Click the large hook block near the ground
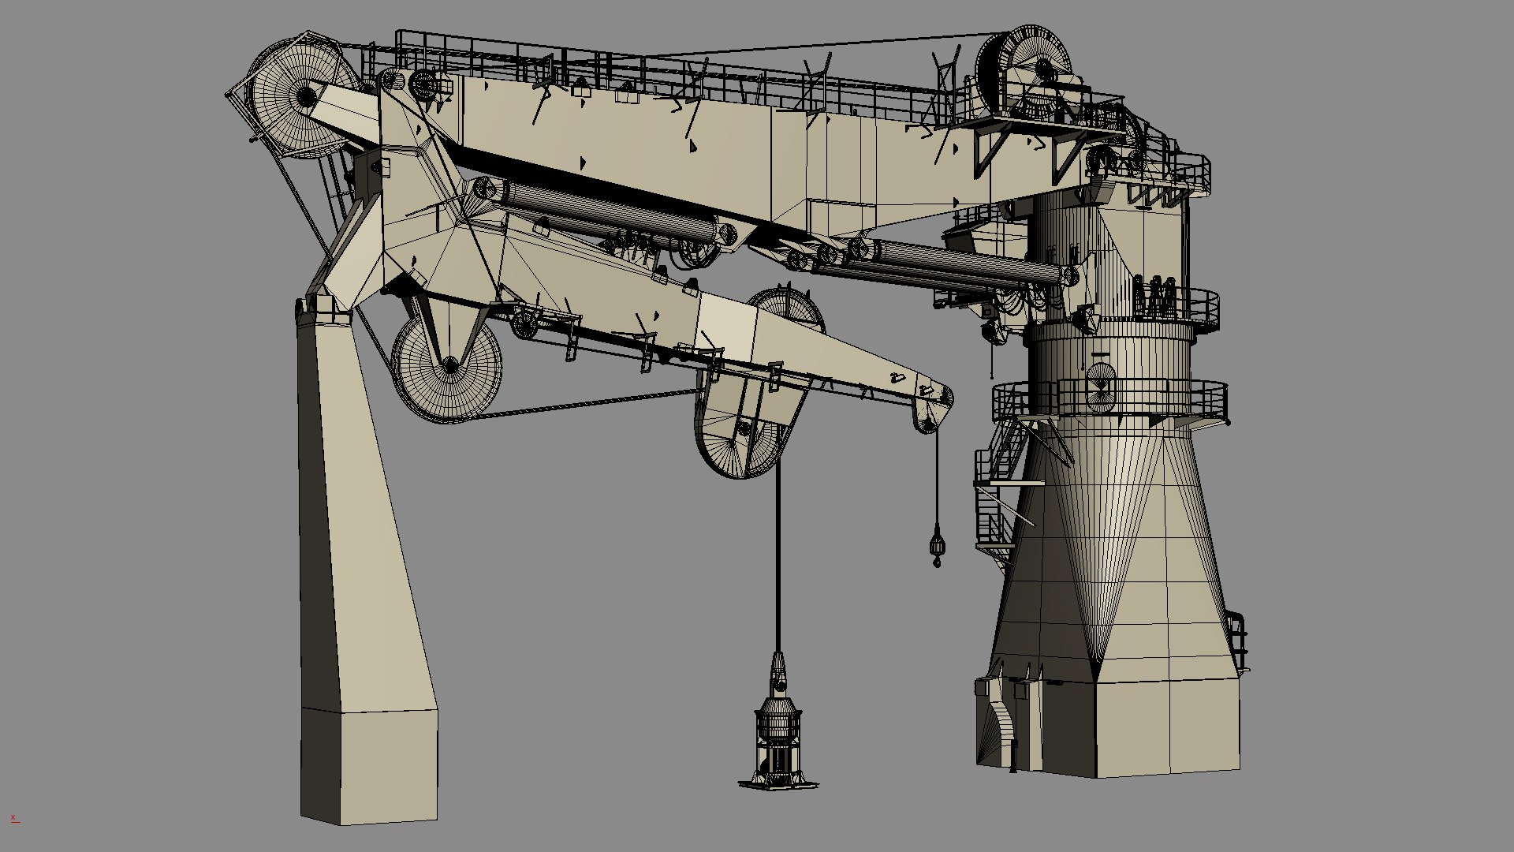(x=778, y=734)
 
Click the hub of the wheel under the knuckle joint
(x=449, y=364)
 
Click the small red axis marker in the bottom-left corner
(x=13, y=818)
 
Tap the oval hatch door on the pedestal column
(x=1101, y=387)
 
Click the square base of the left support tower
(x=368, y=765)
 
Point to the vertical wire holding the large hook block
(x=778, y=568)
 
